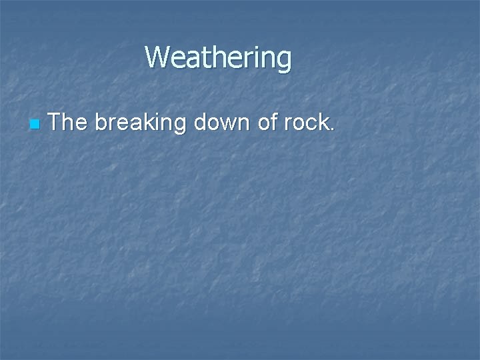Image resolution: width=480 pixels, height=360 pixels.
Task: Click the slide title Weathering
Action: coord(218,58)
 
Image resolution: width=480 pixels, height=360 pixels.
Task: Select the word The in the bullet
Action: coord(68,122)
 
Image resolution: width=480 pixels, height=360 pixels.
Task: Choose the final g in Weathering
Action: coord(284,61)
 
